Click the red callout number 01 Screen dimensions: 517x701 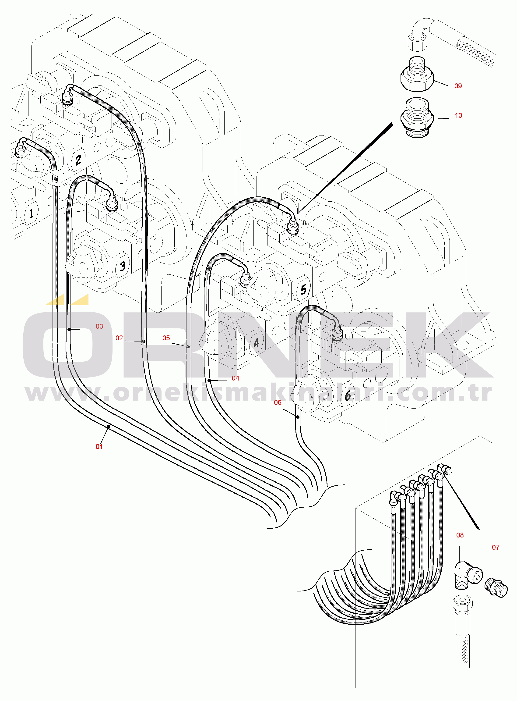99,447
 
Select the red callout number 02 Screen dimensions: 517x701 119,338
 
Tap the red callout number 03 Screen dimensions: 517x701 99,326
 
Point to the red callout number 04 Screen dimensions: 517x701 235,378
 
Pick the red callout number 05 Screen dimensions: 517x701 166,338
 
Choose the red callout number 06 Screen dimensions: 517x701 278,402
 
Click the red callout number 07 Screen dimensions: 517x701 495,547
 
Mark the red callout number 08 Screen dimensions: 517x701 460,535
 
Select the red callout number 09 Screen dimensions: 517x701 458,86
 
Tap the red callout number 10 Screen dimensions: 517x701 458,115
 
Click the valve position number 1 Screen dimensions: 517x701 31,213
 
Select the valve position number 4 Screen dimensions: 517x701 257,343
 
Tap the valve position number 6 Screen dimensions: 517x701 348,396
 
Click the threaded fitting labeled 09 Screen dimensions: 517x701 417,75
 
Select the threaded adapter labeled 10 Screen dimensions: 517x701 417,117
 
